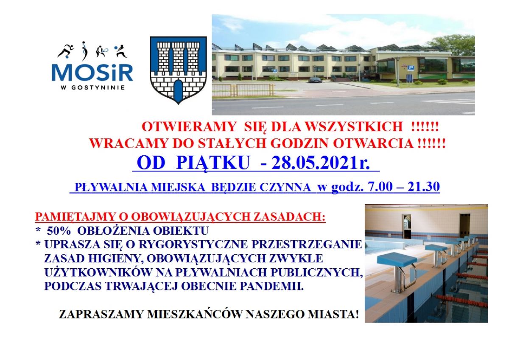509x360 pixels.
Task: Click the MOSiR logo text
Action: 92,73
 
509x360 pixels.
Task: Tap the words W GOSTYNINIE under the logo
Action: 93,87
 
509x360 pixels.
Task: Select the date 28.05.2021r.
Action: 321,163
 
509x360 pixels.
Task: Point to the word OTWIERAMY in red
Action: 189,127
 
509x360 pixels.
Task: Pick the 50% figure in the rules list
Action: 59,231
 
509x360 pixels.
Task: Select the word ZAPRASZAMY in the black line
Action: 101,315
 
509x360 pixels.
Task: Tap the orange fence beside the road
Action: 243,90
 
